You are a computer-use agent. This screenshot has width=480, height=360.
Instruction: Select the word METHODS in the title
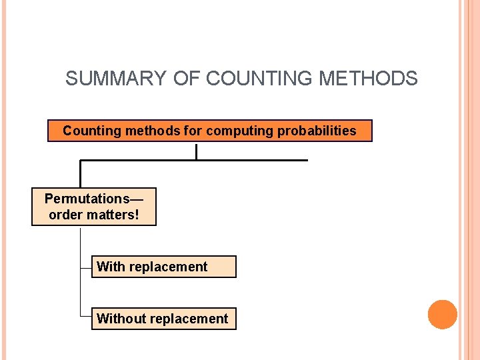pyautogui.click(x=369, y=79)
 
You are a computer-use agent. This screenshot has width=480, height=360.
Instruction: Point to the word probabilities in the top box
pyautogui.click(x=315, y=131)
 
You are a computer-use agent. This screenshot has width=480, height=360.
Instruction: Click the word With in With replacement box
pyautogui.click(x=111, y=267)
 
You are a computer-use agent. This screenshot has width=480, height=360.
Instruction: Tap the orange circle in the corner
pyautogui.click(x=443, y=314)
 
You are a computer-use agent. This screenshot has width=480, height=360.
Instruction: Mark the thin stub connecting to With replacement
pyautogui.click(x=85, y=267)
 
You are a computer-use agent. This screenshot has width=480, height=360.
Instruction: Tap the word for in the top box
pyautogui.click(x=193, y=131)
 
